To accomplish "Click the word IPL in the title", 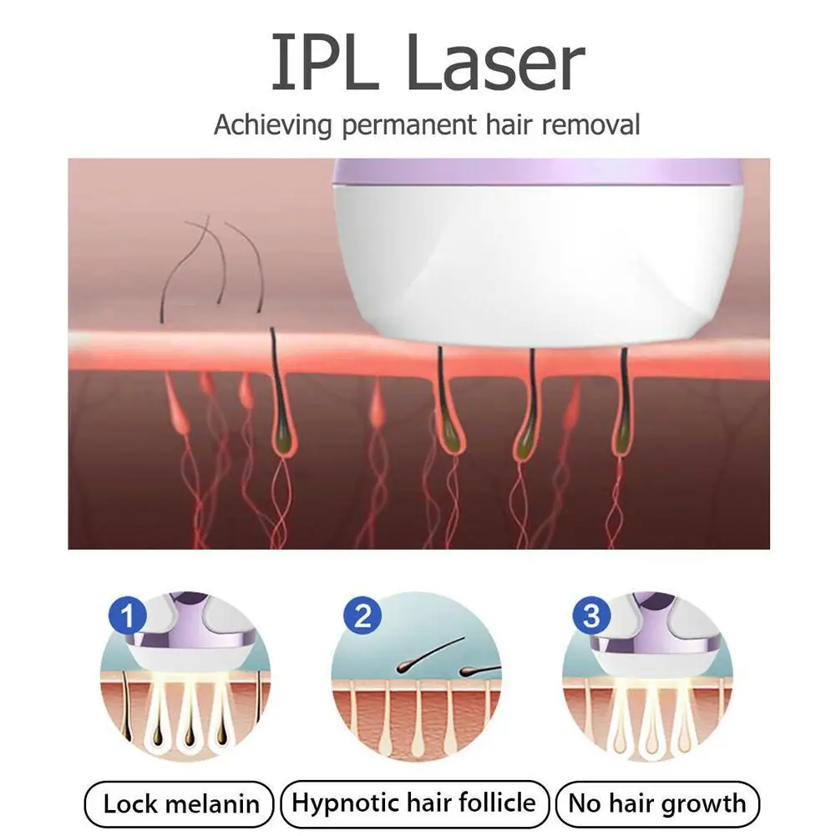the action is click(325, 63).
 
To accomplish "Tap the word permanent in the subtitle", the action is click(409, 126).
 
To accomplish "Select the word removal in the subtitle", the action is click(590, 124).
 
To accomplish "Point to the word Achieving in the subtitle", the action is click(272, 126).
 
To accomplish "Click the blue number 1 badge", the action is click(128, 616).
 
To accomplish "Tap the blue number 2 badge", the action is click(362, 616).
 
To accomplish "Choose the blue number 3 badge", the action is click(592, 616).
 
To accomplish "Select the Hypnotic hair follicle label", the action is click(414, 803).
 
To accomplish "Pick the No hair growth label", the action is click(656, 803).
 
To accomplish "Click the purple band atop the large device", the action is click(537, 172).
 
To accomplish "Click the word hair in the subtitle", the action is click(509, 124).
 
